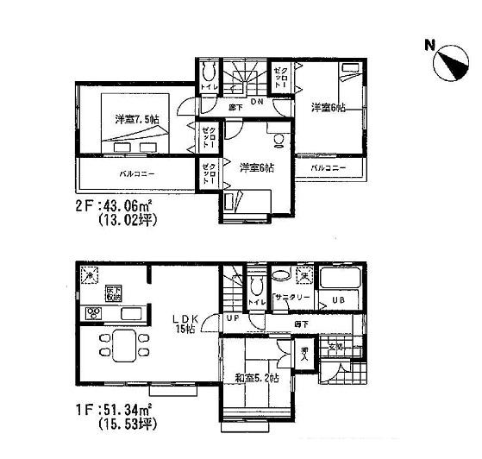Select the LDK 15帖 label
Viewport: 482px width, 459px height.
coord(190,321)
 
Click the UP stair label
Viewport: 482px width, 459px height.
coord(233,318)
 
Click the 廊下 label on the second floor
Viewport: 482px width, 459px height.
coord(233,110)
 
